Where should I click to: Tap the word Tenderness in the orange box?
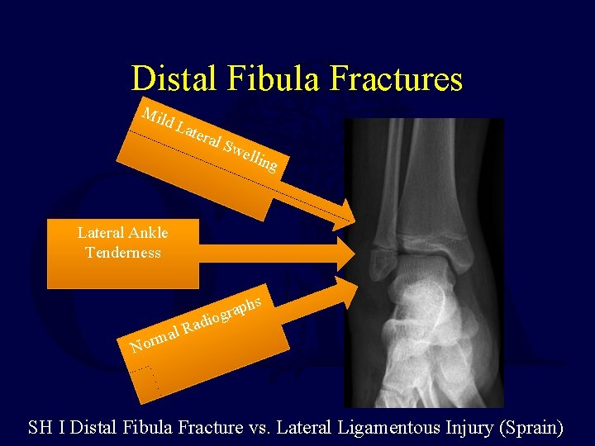122,253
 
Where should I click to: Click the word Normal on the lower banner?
155,339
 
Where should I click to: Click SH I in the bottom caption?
47,428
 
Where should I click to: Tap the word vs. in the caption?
259,428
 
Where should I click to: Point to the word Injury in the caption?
463,428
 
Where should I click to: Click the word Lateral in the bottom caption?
304,428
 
